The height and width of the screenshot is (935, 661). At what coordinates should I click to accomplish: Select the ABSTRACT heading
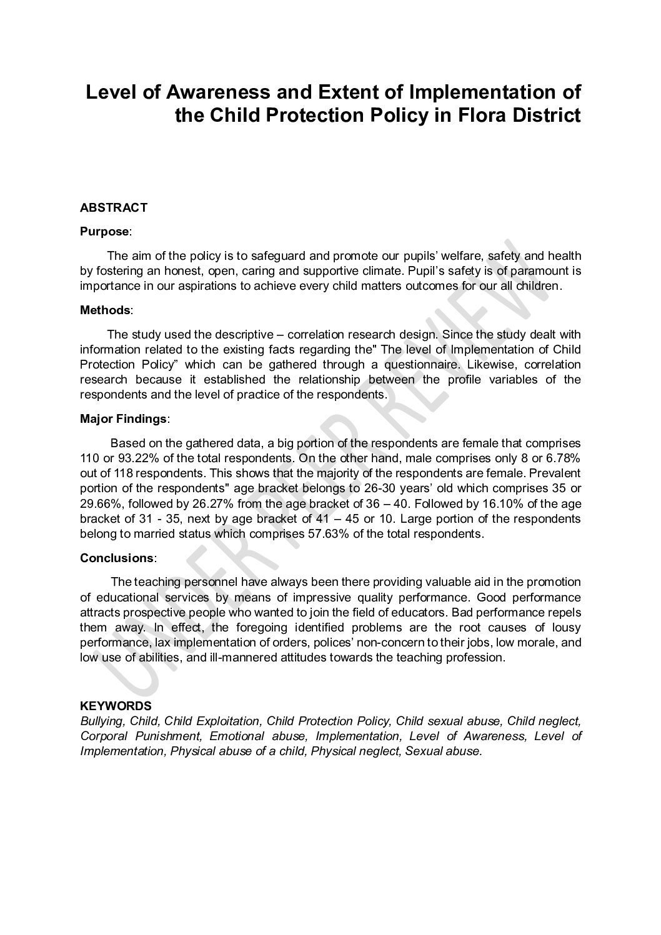(114, 207)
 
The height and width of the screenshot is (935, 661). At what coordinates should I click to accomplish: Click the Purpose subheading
(104, 231)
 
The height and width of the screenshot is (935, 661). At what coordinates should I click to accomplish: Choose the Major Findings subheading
(123, 418)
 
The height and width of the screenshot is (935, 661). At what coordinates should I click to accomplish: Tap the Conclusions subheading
(116, 557)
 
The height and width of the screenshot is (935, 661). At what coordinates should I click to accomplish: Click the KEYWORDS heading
(116, 706)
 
